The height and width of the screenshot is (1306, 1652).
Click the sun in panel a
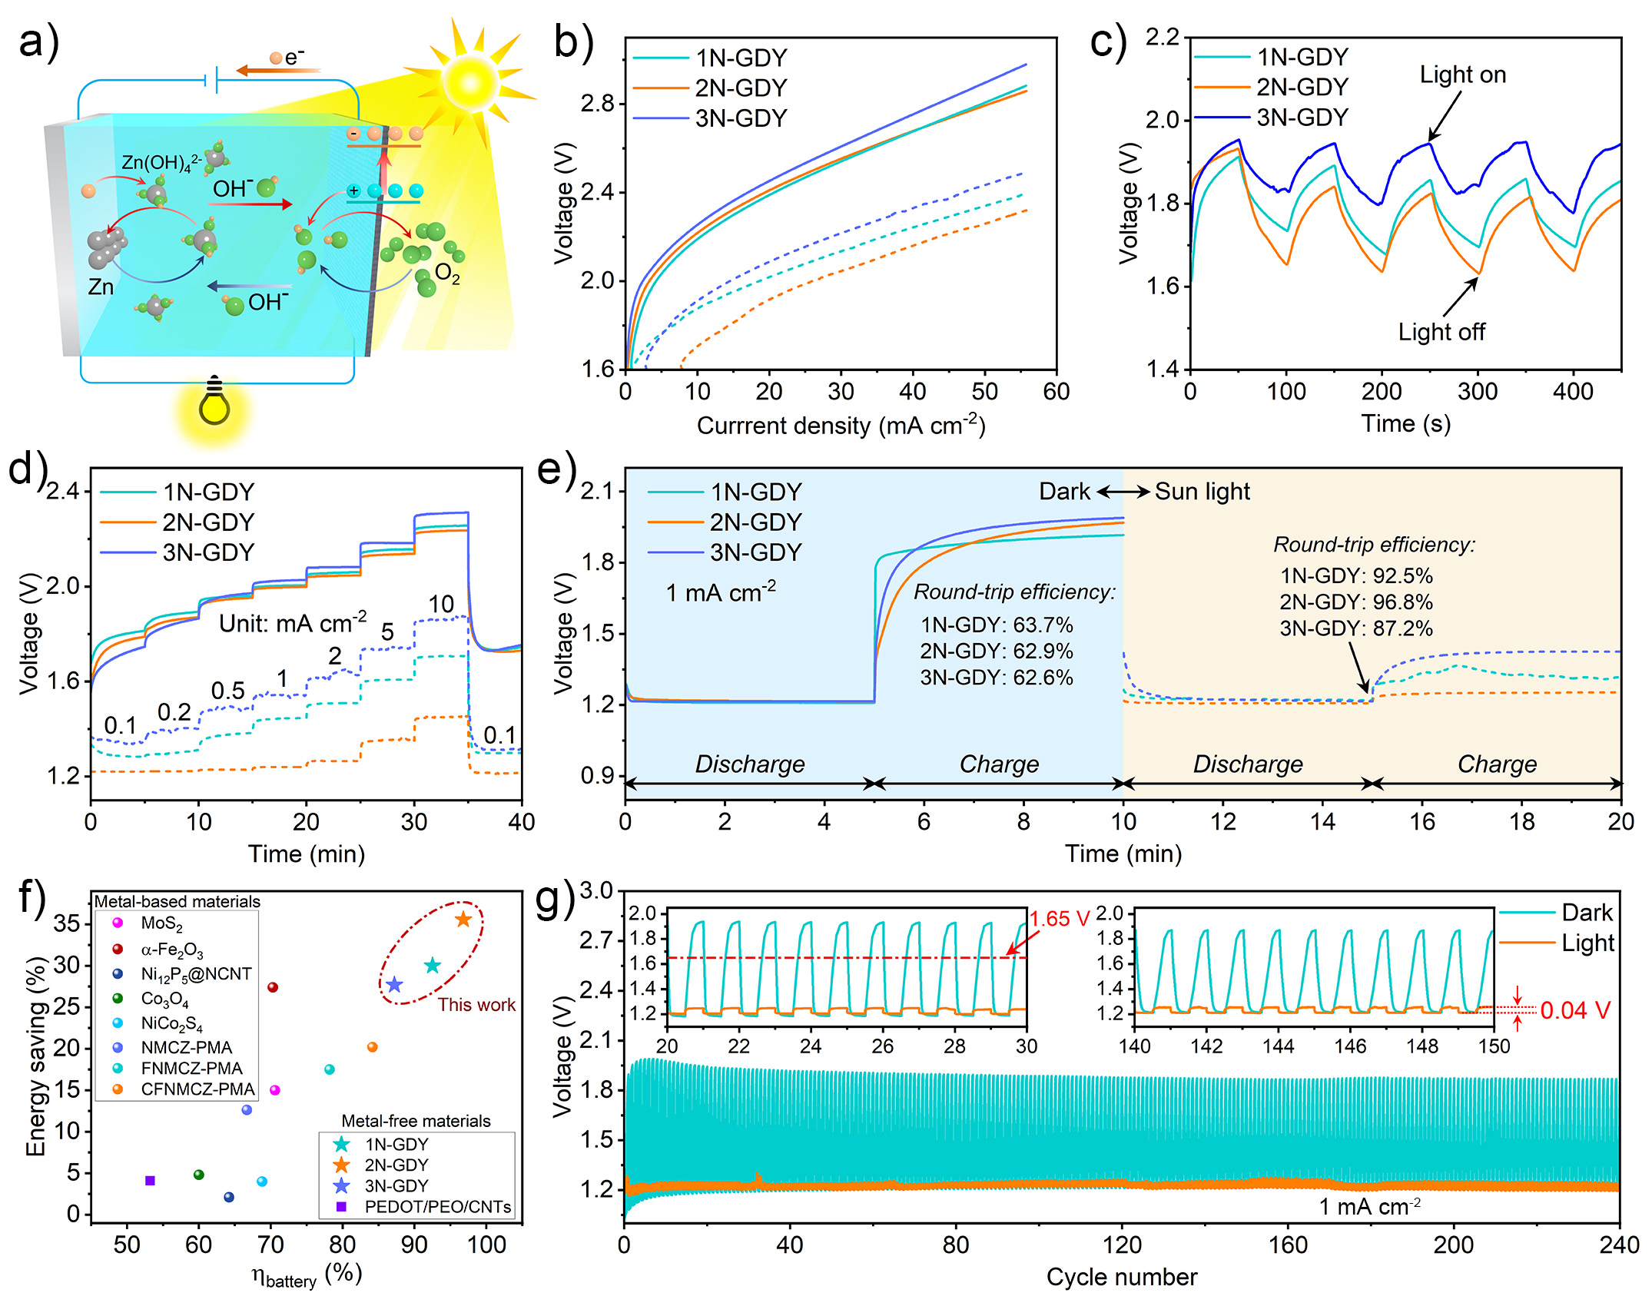pyautogui.click(x=469, y=82)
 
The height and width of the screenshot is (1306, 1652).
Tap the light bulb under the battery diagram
pyautogui.click(x=214, y=403)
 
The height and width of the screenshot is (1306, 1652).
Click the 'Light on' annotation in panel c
pyautogui.click(x=1462, y=75)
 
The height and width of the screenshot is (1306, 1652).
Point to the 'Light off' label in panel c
pyautogui.click(x=1441, y=332)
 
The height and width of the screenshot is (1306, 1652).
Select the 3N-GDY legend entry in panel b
pyautogui.click(x=741, y=118)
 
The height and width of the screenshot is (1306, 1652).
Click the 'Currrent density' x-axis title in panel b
pyautogui.click(x=841, y=426)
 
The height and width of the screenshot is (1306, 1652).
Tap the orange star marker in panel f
pyautogui.click(x=463, y=920)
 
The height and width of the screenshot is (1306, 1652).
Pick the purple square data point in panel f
pyautogui.click(x=151, y=1181)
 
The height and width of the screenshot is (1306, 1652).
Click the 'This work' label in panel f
pyautogui.click(x=476, y=1005)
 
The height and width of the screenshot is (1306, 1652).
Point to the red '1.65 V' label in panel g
pyautogui.click(x=1059, y=919)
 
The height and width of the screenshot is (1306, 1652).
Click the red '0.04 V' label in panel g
pyautogui.click(x=1574, y=1010)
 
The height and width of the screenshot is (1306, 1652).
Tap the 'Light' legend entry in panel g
pyautogui.click(x=1587, y=943)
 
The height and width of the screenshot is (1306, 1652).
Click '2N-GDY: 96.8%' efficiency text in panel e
pyautogui.click(x=1356, y=602)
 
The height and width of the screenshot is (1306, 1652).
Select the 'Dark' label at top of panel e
pyautogui.click(x=1064, y=492)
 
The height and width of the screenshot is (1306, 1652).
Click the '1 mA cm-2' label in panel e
pyautogui.click(x=720, y=593)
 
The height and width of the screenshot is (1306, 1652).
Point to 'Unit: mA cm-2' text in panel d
pyautogui.click(x=293, y=623)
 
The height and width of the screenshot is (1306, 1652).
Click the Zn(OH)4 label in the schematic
pyautogui.click(x=161, y=163)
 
